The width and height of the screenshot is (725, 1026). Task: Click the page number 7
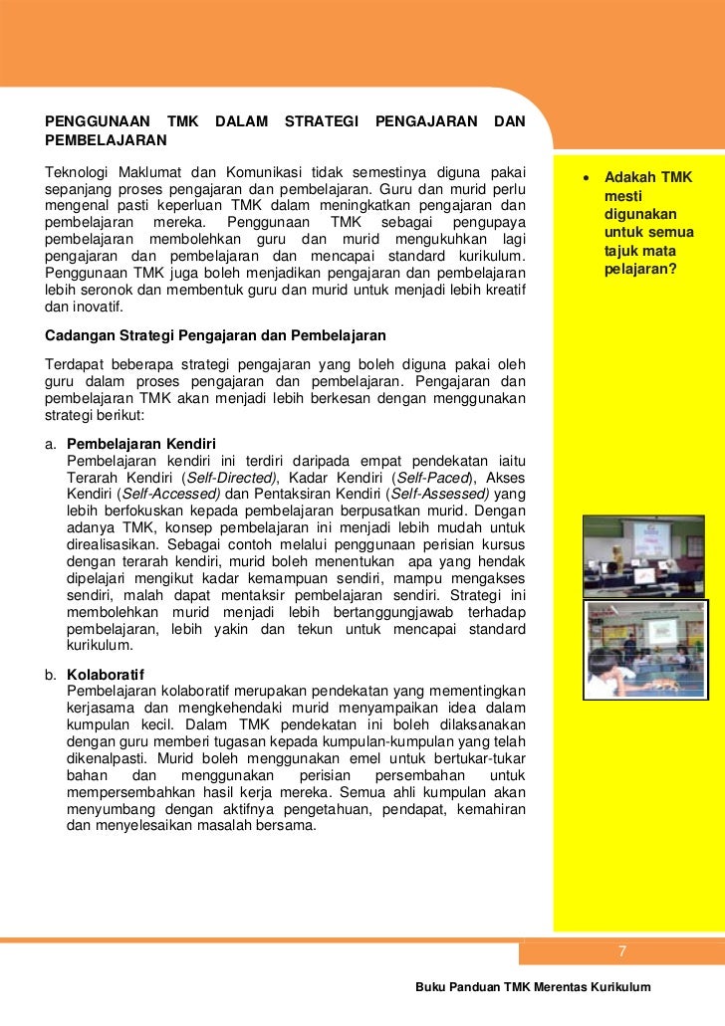621,952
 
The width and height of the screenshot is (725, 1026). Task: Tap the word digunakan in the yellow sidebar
639,214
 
